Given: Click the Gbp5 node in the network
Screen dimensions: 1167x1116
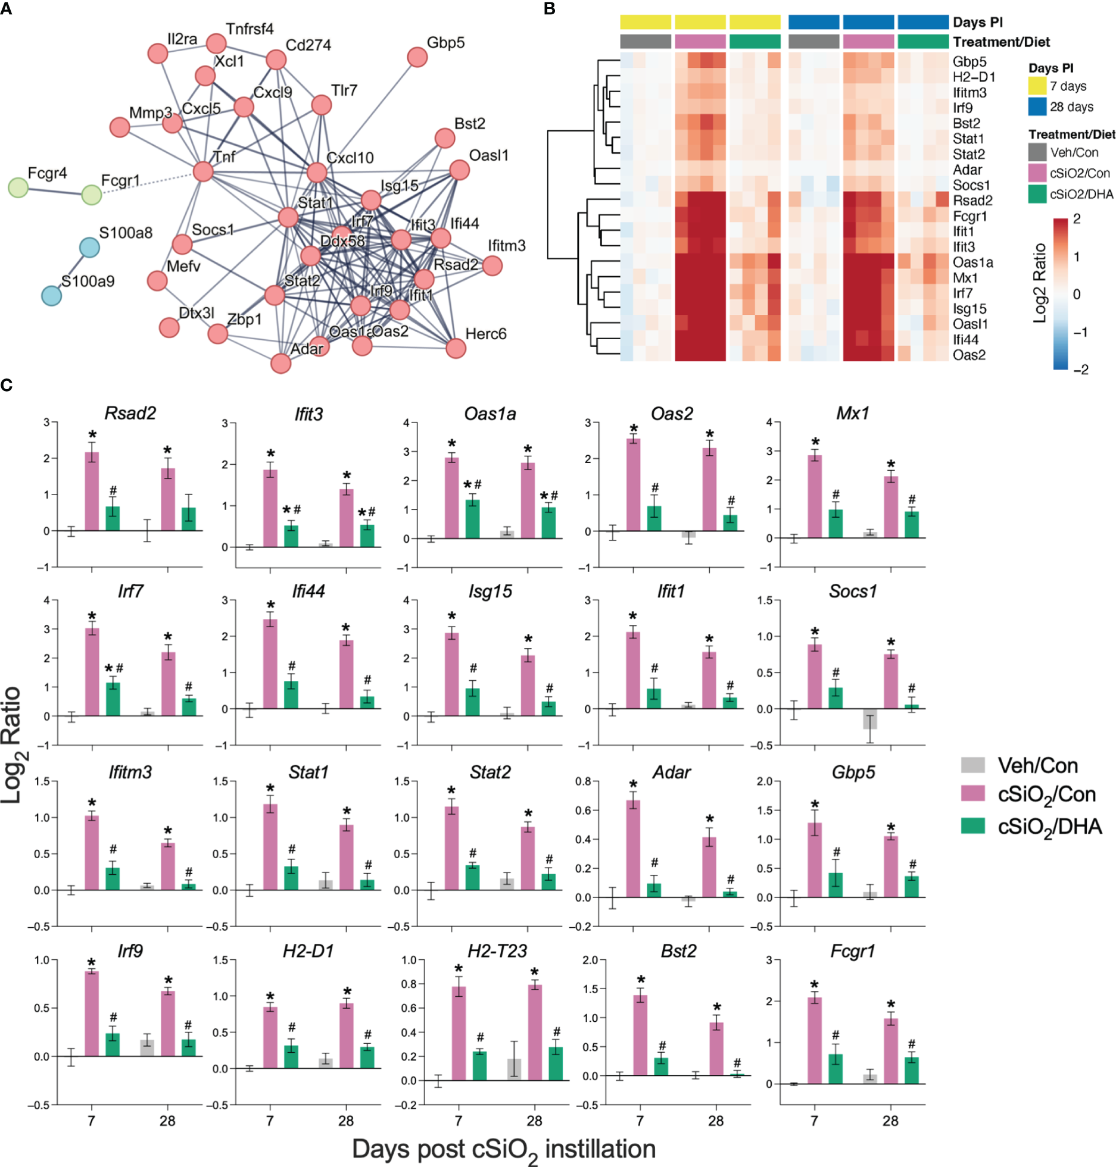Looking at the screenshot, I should tap(417, 57).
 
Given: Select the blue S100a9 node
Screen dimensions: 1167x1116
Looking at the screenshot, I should tap(51, 295).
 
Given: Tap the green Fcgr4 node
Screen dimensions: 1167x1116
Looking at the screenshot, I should tap(18, 187).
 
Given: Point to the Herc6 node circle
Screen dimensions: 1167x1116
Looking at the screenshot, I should tap(456, 348).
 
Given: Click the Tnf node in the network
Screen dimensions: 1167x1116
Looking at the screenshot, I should tap(203, 171).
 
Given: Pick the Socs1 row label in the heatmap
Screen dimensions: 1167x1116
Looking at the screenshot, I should tap(971, 185).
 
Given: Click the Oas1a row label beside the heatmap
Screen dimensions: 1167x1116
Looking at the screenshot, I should tap(972, 262).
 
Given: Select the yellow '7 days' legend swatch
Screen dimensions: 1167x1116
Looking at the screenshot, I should tap(1037, 86).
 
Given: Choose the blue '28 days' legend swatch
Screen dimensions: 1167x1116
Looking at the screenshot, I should tap(1037, 107).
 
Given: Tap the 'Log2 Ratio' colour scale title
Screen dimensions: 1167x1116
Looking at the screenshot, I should tap(1039, 283).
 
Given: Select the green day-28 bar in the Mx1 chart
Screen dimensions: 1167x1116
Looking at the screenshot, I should tap(912, 524).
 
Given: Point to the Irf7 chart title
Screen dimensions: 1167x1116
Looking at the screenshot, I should tap(130, 592).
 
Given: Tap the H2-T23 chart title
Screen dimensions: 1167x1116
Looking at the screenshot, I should tap(497, 952).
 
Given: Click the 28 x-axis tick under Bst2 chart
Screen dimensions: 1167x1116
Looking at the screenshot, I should tap(716, 1121).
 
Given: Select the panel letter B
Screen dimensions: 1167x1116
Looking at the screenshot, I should tap(550, 9).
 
